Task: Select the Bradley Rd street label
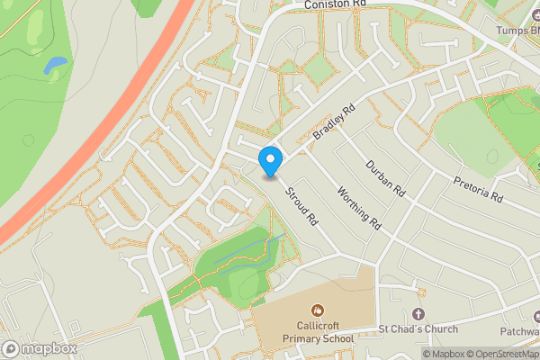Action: coord(335,122)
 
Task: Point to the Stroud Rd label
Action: coord(301,206)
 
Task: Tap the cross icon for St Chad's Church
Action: coord(418,313)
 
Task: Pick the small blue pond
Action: coord(55,65)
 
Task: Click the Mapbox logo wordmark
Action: coord(40,348)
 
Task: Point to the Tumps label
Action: coord(520,29)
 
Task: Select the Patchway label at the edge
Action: coord(521,330)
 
